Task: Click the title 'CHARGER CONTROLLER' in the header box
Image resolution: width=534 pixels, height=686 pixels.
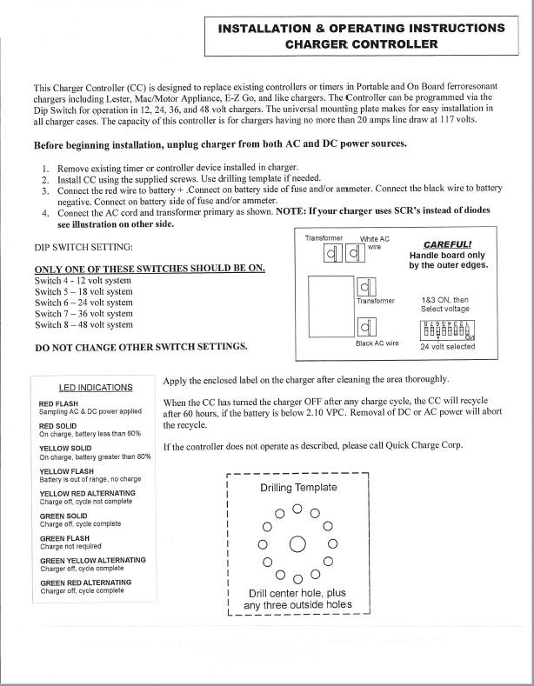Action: point(361,43)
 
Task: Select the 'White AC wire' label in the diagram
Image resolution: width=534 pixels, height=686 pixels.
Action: point(375,242)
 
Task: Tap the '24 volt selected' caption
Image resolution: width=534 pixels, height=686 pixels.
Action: point(448,346)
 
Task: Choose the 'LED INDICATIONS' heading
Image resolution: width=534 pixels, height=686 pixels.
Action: point(96,387)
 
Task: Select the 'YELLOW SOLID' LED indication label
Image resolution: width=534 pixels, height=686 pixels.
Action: point(67,448)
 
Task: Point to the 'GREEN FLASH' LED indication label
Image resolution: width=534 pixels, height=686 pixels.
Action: point(65,538)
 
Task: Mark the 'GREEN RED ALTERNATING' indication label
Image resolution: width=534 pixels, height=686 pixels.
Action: point(86,583)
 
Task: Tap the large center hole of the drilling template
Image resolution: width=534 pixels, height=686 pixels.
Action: point(297,545)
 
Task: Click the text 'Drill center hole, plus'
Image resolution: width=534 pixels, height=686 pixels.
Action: point(297,593)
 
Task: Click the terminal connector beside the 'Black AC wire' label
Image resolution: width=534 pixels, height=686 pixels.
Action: point(365,327)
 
